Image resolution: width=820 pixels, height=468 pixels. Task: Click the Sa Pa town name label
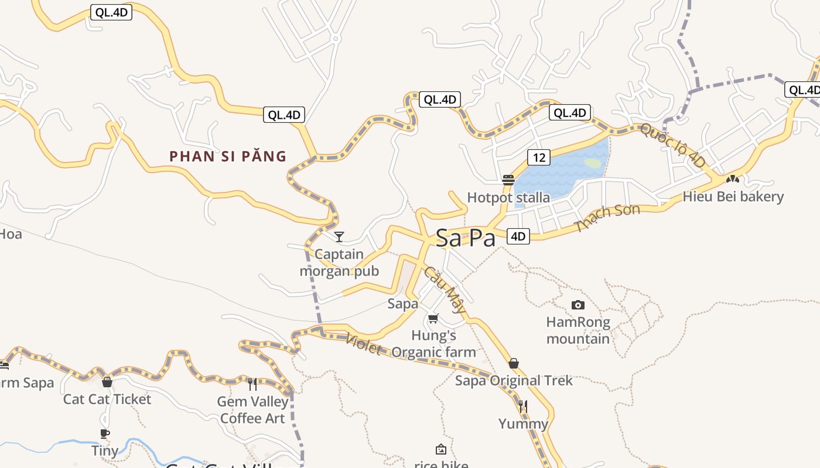[x=465, y=238]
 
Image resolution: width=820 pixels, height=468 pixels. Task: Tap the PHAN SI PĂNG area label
[x=228, y=156]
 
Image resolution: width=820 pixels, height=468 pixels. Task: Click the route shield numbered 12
[x=539, y=157]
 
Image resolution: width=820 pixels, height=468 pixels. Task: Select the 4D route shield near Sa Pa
[x=518, y=236]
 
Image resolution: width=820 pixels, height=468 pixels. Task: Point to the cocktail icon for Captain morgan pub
[x=339, y=237]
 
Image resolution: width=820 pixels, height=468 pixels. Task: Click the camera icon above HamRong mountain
[x=578, y=305]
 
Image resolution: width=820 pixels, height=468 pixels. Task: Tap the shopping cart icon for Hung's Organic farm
[x=433, y=319]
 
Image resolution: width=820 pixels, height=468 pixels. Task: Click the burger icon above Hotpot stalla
[x=508, y=180]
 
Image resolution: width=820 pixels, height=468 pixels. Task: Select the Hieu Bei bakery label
[x=733, y=197]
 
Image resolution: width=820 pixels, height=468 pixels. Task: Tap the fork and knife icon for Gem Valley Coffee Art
[x=252, y=384]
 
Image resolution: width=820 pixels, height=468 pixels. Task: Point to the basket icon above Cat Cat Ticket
[x=107, y=382]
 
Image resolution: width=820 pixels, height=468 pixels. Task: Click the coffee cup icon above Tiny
[x=105, y=433]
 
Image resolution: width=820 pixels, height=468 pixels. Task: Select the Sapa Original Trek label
[x=514, y=381]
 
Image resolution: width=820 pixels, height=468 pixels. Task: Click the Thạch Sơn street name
[x=607, y=218]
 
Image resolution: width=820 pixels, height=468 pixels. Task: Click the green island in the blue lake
[x=593, y=163]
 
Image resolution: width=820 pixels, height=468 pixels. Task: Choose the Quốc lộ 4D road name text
[x=672, y=145]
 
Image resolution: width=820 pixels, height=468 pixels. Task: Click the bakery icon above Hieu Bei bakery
[x=732, y=179]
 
